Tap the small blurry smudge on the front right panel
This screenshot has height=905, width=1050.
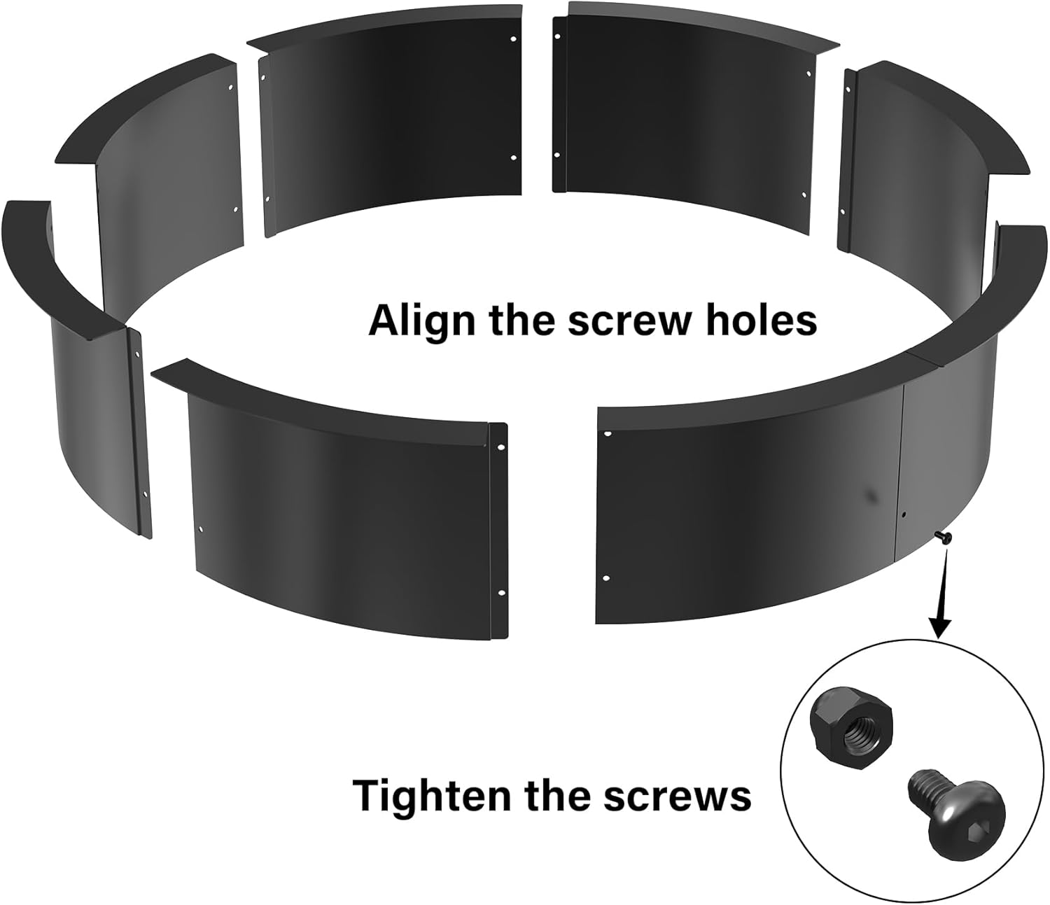click(871, 495)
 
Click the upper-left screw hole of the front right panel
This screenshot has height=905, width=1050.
click(606, 435)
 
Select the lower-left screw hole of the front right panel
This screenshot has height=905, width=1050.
click(606, 579)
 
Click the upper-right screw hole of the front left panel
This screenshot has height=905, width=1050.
click(501, 447)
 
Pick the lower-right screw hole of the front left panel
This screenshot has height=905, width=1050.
click(501, 593)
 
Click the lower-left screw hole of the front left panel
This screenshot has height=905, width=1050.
click(202, 530)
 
